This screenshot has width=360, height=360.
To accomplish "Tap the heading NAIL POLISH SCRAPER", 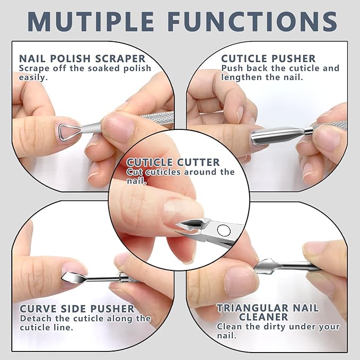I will [x=82, y=58].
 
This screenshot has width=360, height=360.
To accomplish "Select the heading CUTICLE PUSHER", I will [x=268, y=58].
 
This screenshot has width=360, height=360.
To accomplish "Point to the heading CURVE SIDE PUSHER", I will [x=77, y=309].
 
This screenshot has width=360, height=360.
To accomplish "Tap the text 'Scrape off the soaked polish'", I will [x=85, y=68].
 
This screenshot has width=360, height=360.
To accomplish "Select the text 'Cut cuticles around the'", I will [x=180, y=172].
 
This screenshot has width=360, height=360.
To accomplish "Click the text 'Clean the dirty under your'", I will [x=278, y=327].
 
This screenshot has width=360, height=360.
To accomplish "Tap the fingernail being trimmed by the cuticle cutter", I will [x=183, y=209].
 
